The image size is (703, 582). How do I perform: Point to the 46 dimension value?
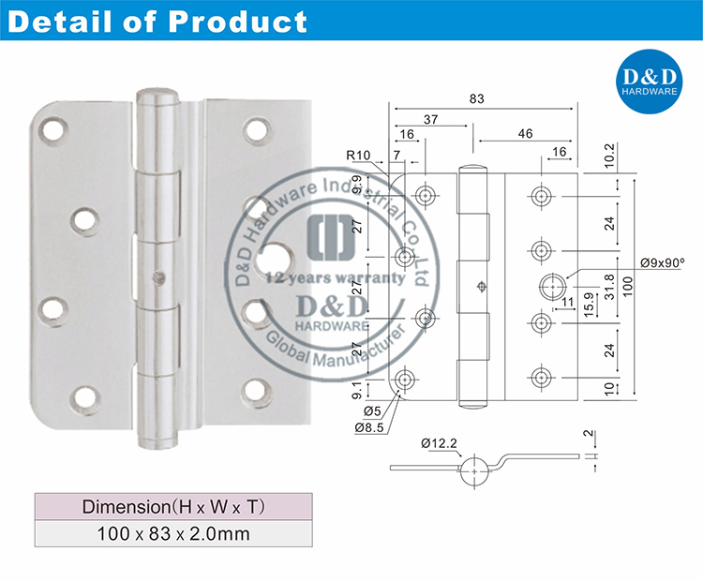pyautogui.click(x=525, y=134)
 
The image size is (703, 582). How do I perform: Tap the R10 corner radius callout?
pyautogui.click(x=356, y=155)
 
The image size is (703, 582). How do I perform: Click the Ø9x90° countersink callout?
pyautogui.click(x=662, y=264)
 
